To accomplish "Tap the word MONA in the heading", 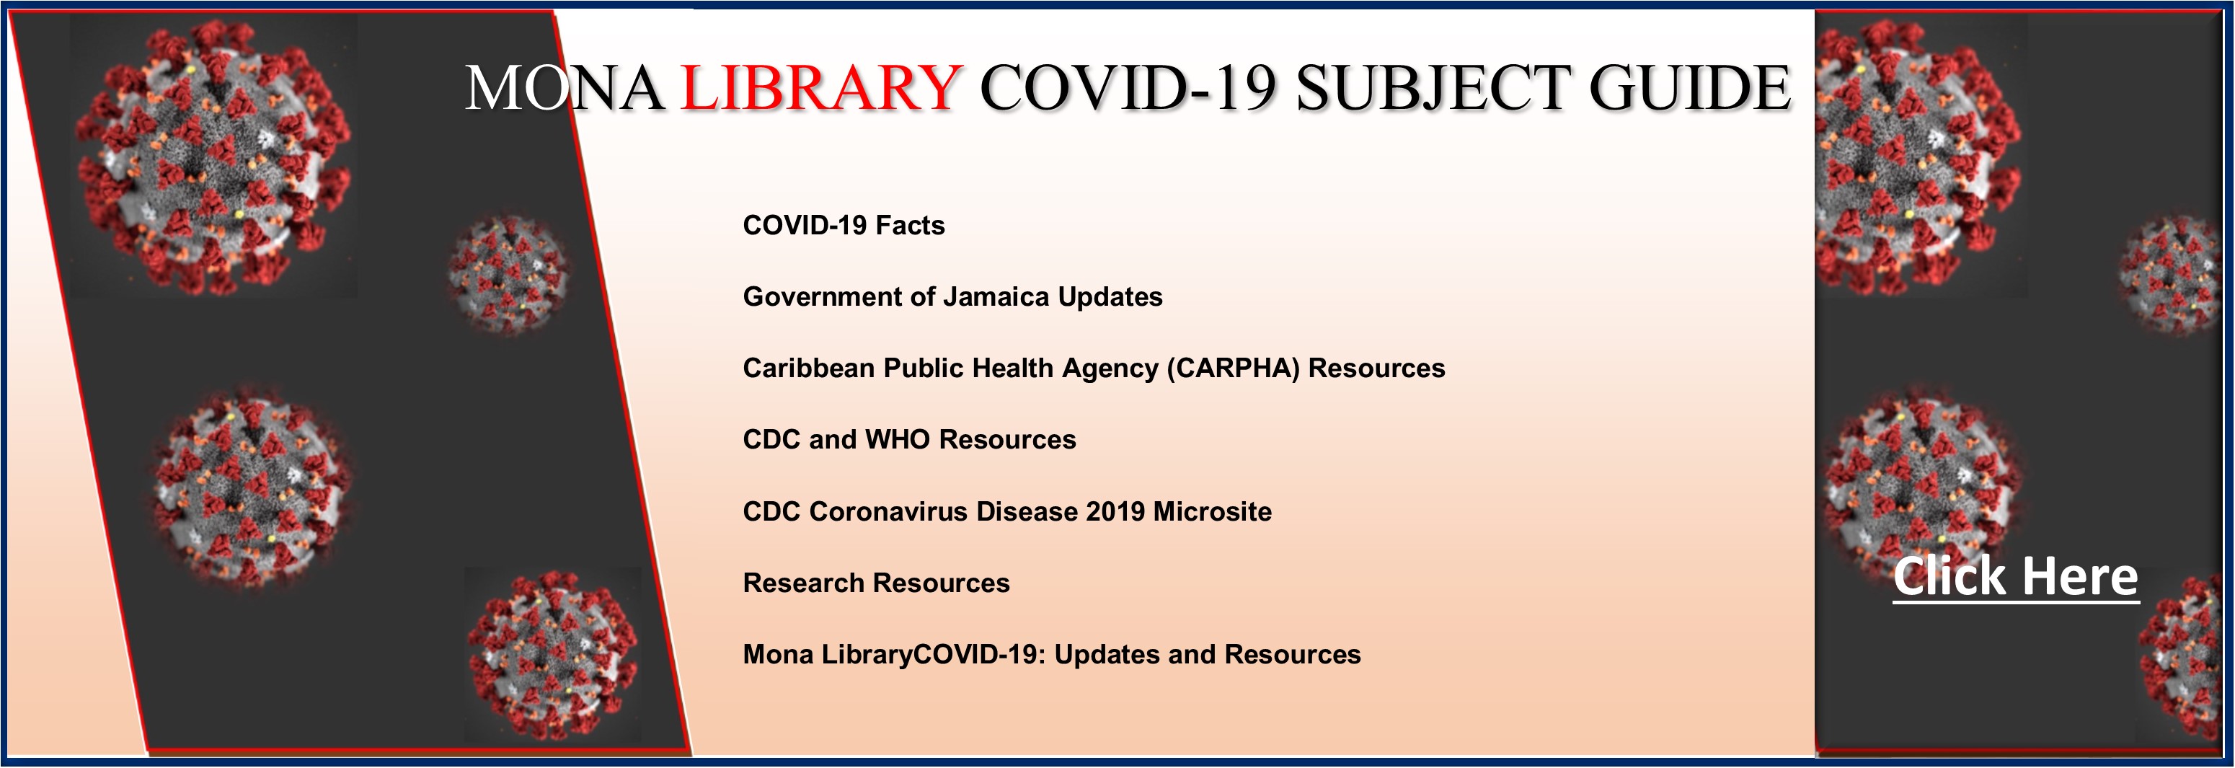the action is click(565, 88).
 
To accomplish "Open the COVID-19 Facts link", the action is click(844, 226).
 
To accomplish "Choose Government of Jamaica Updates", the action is click(952, 297).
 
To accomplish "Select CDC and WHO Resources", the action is click(909, 439).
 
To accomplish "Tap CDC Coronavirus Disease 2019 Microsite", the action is click(1007, 511).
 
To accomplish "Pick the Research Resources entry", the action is click(876, 582).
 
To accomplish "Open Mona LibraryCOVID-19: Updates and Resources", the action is click(1052, 654).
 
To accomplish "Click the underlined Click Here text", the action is click(2016, 577).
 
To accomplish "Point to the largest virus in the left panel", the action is click(213, 156).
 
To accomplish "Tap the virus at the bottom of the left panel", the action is click(552, 656).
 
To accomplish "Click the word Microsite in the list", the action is click(1212, 511).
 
